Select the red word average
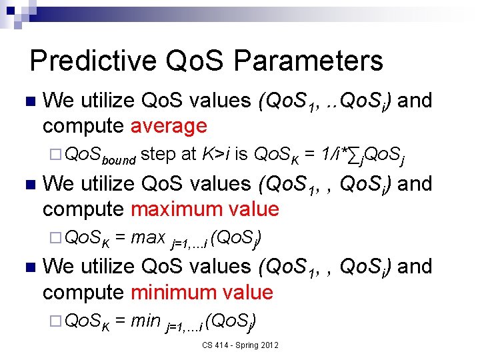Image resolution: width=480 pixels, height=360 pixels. pos(169,125)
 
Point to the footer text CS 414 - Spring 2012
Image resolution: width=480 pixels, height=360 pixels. pos(241,345)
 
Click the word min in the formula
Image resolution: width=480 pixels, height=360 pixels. pos(146,321)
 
